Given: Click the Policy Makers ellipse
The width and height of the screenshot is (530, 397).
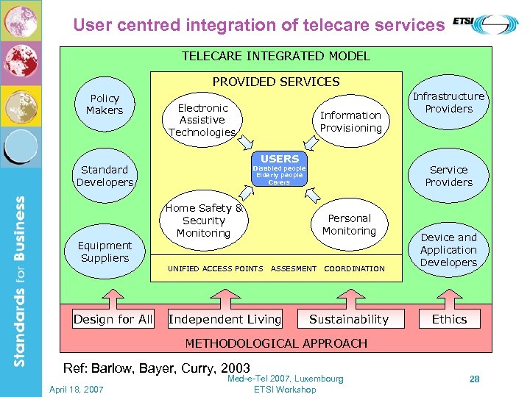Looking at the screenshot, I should click(x=105, y=104).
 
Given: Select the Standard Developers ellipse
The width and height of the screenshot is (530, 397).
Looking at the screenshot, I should click(x=105, y=176).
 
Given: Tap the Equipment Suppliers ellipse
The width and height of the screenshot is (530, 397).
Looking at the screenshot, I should click(x=105, y=251).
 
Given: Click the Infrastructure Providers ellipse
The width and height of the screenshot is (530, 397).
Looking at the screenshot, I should click(x=448, y=103).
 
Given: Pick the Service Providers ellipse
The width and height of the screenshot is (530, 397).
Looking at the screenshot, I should click(x=448, y=176).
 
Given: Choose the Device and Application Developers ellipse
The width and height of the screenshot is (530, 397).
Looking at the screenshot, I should click(x=448, y=250).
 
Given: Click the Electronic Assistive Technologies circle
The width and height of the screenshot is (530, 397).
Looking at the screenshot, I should click(x=202, y=120).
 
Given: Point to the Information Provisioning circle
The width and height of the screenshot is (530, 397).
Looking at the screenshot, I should click(x=350, y=121).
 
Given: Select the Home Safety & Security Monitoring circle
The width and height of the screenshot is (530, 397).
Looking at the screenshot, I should click(x=204, y=221).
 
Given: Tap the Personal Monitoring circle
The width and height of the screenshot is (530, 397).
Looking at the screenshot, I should click(x=349, y=224).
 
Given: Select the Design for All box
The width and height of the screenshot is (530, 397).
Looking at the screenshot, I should click(x=113, y=319).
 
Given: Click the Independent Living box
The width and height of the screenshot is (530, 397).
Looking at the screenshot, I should click(x=225, y=319).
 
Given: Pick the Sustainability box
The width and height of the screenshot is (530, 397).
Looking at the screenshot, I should click(x=348, y=319).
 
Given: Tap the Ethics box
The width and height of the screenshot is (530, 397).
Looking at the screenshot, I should click(x=449, y=319).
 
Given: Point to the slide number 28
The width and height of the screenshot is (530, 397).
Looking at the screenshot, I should click(x=475, y=379).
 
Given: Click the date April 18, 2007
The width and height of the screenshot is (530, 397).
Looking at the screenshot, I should click(x=77, y=389).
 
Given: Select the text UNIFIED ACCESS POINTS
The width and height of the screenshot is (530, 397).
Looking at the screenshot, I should click(x=215, y=269).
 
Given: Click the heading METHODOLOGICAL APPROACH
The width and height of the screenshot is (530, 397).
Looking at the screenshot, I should click(x=276, y=343).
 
